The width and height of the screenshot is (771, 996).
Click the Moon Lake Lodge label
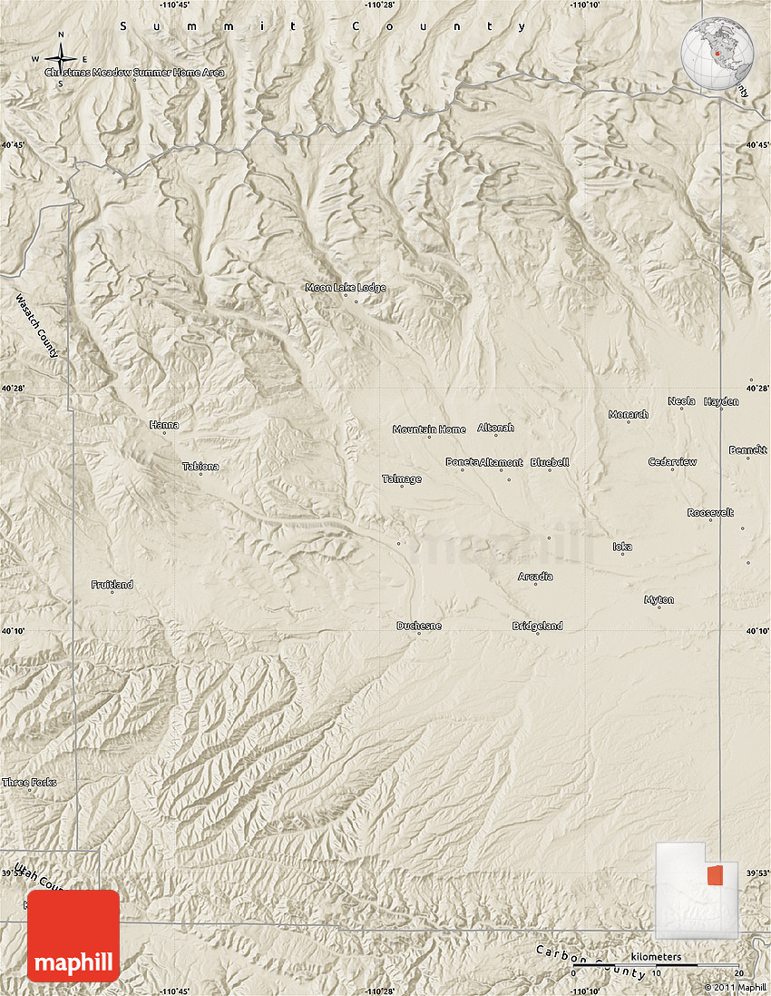[345, 288]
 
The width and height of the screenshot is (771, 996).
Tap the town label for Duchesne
[418, 626]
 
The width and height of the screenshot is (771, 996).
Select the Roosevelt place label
[710, 513]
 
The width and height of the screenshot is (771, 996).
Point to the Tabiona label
[200, 467]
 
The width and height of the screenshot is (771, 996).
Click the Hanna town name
[164, 425]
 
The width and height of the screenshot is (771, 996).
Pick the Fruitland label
[112, 585]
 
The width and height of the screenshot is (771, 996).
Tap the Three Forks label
[29, 783]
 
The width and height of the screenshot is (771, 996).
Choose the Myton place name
[659, 600]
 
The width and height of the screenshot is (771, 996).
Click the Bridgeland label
[537, 626]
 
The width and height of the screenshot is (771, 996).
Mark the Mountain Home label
[429, 429]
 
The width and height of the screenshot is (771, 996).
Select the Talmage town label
[402, 479]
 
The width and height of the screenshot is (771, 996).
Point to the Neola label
[681, 401]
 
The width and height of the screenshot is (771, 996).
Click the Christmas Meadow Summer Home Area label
[135, 72]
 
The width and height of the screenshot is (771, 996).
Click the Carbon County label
[590, 962]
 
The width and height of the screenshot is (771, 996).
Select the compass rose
[61, 61]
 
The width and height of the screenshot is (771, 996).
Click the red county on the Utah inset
[717, 875]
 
